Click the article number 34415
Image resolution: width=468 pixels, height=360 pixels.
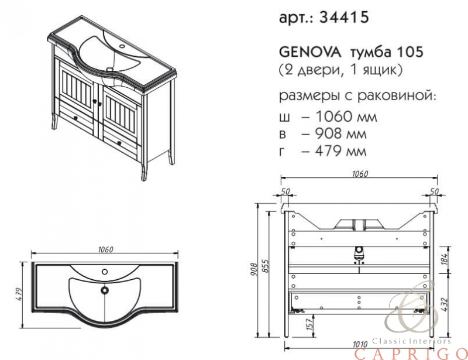coord(344,17)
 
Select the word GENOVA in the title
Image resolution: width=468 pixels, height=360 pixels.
coord(310,53)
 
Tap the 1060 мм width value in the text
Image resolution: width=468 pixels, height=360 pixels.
coord(346,116)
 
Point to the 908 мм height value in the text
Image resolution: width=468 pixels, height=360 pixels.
coord(341,133)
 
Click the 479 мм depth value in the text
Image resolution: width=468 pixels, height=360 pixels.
coord(341,150)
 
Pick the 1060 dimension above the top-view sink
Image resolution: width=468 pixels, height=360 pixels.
coord(106,249)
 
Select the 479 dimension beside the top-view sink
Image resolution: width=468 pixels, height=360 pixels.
coord(19,294)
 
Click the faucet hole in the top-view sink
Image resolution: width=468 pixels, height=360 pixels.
coord(105,272)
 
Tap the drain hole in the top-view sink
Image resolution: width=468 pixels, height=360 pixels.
coord(105,290)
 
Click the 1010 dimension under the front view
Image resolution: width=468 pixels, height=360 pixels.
coord(360,345)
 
